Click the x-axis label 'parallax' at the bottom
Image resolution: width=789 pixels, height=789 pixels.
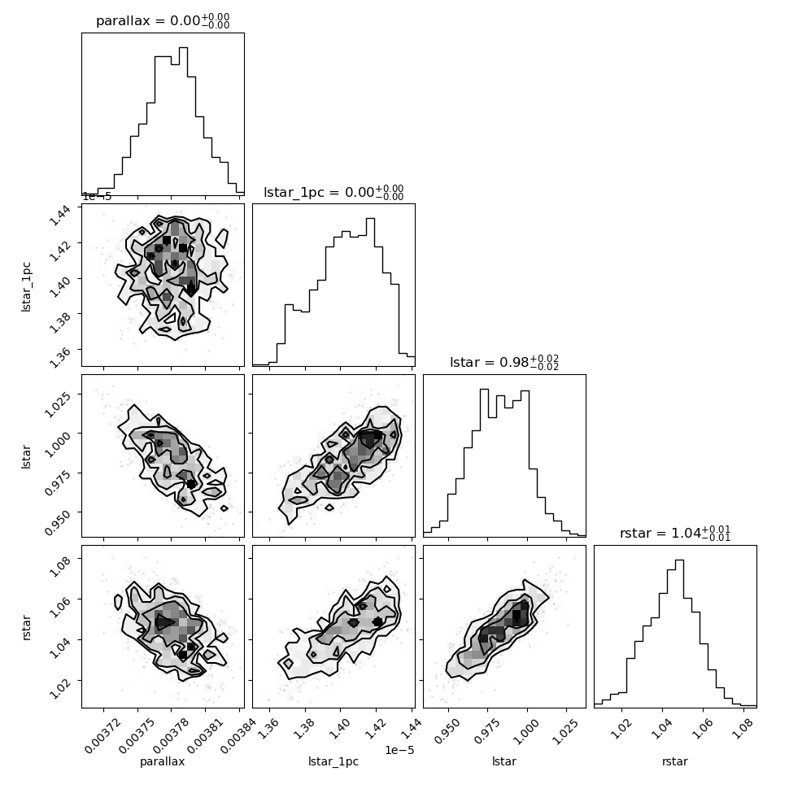point(162,761)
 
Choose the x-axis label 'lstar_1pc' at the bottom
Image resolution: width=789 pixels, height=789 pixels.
point(333,761)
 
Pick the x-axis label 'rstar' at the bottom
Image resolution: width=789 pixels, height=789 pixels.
point(675,761)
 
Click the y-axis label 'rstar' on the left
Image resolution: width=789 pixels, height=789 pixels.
point(26,627)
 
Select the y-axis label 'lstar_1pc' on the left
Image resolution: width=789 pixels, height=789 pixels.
point(26,287)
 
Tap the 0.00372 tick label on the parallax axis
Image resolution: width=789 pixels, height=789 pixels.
point(102,735)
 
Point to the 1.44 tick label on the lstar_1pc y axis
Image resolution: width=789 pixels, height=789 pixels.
point(60,216)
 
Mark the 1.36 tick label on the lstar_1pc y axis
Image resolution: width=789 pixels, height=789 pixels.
point(60,357)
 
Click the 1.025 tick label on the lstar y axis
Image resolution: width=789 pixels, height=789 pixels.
point(57,404)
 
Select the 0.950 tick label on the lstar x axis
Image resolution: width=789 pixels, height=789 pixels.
point(447,730)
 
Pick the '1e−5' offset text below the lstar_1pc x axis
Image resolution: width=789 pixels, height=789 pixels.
point(399,750)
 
